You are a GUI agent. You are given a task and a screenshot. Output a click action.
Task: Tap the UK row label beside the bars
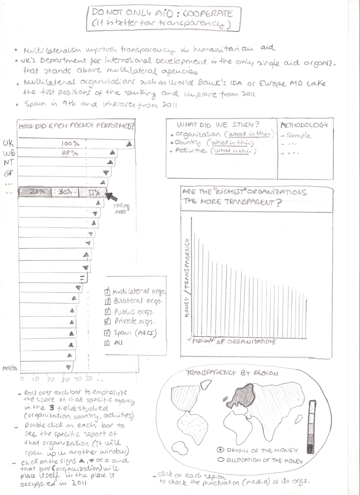coord(8,143)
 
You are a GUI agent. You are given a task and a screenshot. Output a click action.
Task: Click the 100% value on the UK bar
coord(71,144)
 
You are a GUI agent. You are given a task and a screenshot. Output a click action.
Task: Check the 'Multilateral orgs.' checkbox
coord(107,291)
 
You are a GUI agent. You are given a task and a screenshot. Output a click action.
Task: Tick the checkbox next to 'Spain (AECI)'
coord(107,333)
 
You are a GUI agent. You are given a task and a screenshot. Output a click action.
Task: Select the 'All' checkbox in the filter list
coord(107,343)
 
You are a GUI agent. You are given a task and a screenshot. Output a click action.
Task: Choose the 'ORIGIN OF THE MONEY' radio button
coord(220,450)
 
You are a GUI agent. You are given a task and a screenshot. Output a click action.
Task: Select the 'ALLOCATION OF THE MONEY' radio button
coord(220,460)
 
